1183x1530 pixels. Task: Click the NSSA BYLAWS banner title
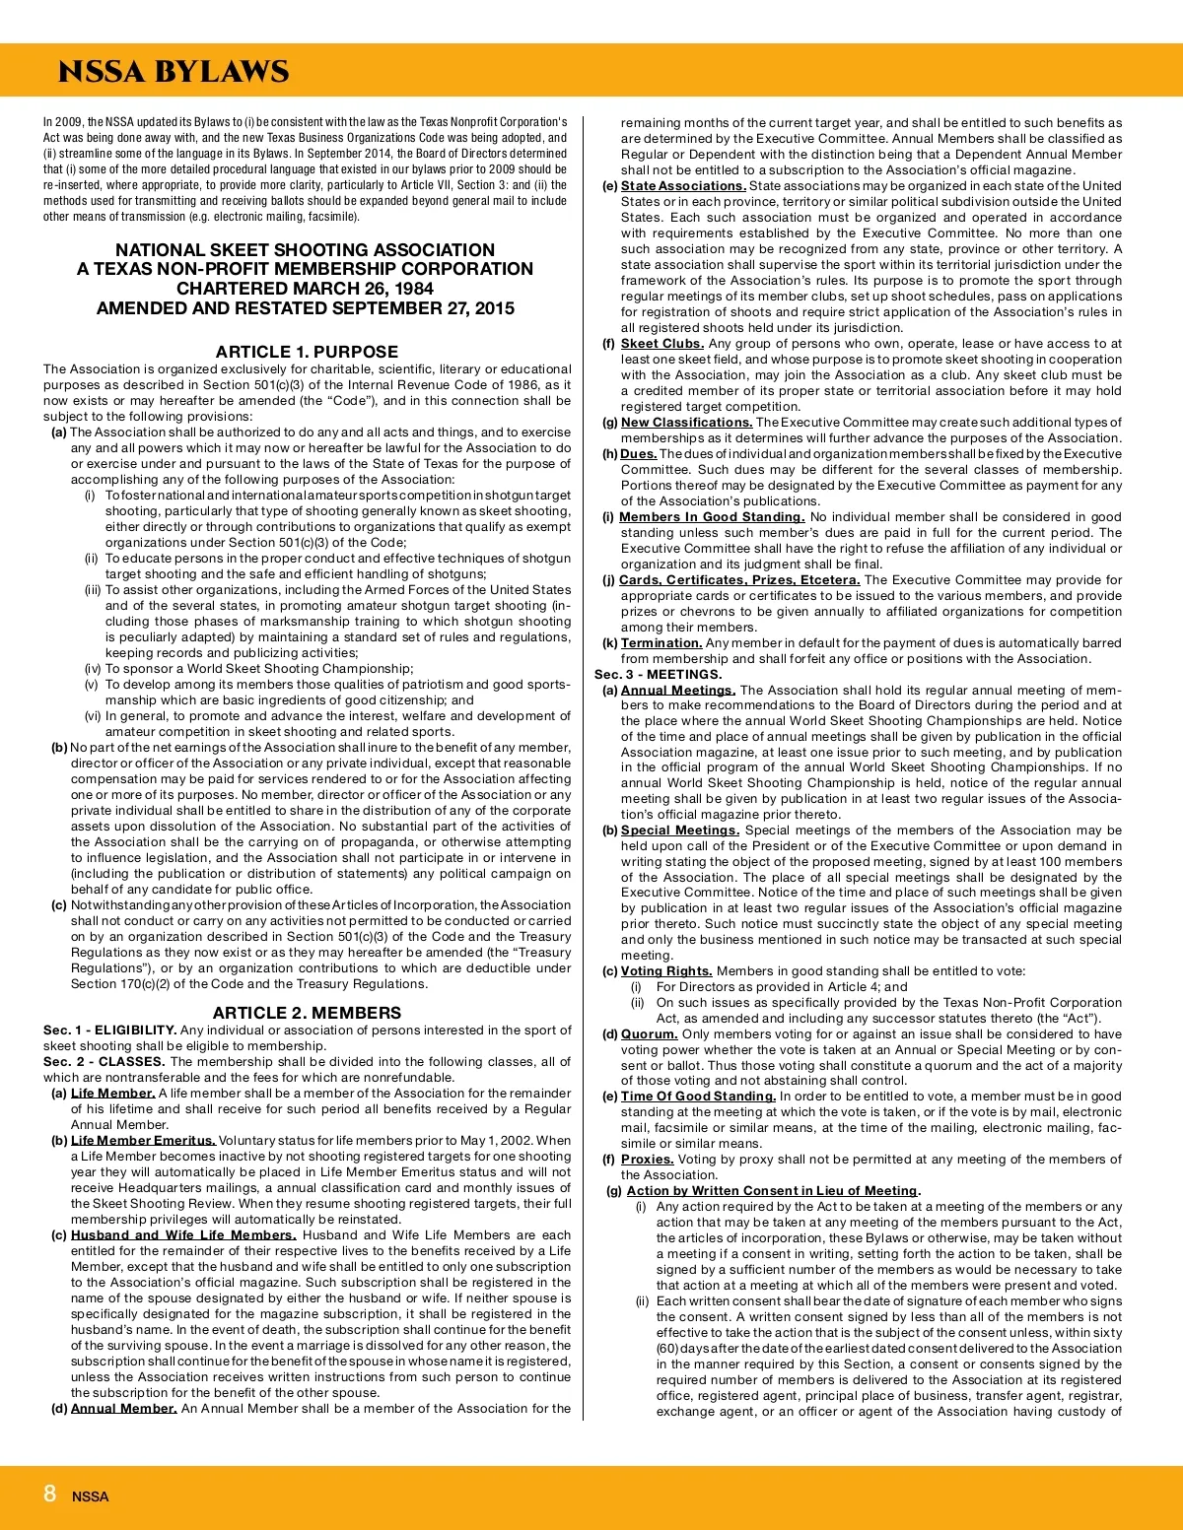(174, 72)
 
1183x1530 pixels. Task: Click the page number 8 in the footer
(49, 1494)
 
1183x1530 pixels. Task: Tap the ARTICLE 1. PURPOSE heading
(307, 352)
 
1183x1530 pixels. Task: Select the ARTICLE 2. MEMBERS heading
(307, 1013)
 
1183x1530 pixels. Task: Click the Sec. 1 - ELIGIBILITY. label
(109, 1031)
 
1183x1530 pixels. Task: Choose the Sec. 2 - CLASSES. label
(104, 1062)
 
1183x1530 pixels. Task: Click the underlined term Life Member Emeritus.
(143, 1141)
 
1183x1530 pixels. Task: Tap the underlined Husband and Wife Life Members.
(183, 1235)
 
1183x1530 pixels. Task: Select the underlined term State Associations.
(683, 186)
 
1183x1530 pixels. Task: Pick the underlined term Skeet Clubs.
(661, 344)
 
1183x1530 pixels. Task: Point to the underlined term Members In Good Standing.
(711, 517)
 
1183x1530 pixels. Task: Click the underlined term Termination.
(661, 643)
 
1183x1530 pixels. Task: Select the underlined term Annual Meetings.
(677, 691)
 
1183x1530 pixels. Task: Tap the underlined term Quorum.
(649, 1034)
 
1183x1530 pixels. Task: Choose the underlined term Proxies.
(647, 1160)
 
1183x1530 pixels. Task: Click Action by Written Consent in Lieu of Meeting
(772, 1191)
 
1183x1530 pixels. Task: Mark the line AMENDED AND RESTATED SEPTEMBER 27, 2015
(306, 308)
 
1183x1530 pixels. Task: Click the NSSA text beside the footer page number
(90, 1497)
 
